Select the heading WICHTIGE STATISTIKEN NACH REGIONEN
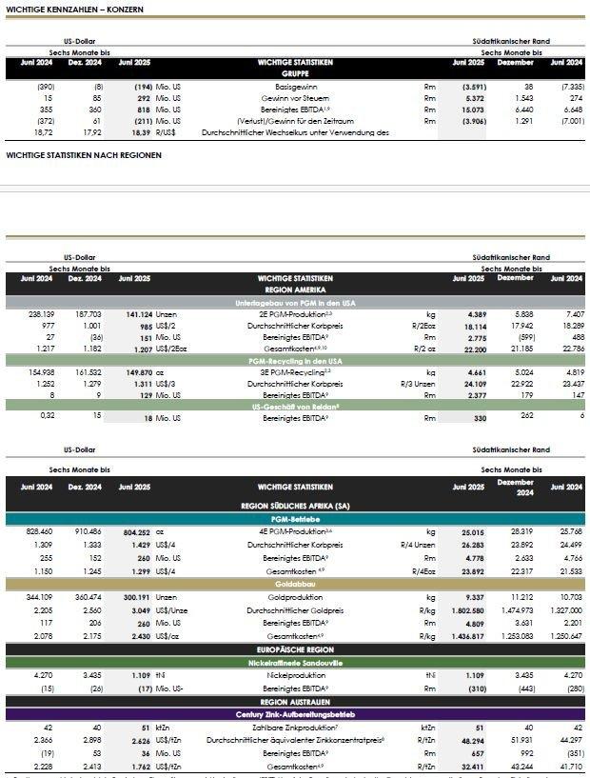[84, 154]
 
